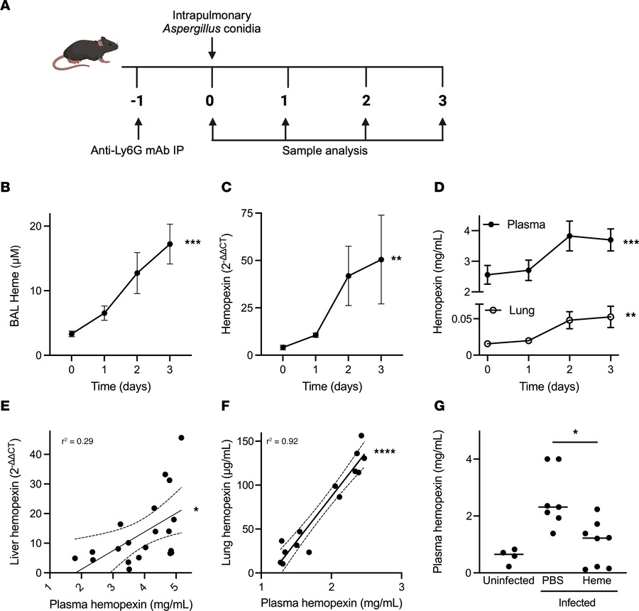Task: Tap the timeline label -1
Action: (138, 99)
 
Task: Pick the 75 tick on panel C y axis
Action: (268, 213)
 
